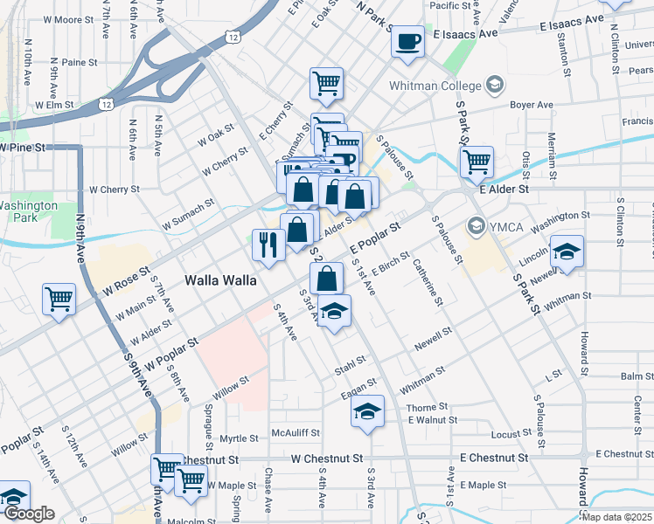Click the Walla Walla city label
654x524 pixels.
tap(220, 280)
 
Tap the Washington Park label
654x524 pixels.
tap(28, 211)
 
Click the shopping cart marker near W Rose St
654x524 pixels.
tap(59, 299)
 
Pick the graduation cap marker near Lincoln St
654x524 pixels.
tap(567, 252)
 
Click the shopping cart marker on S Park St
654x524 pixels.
tap(477, 161)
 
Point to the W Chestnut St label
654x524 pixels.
tap(326, 458)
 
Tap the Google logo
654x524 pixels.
tap(29, 514)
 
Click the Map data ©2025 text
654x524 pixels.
tap(617, 517)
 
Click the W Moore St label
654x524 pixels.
tap(67, 19)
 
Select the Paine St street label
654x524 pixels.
tap(79, 63)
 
